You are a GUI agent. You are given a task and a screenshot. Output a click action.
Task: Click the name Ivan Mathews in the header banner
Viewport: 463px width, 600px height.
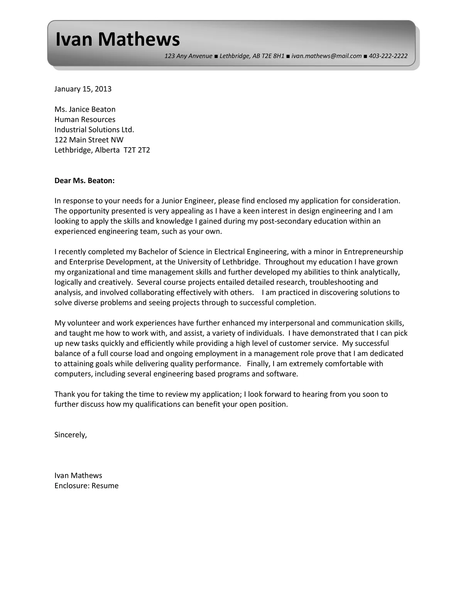tap(118, 39)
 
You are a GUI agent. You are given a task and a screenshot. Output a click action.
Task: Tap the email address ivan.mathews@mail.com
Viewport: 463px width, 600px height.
tap(326, 56)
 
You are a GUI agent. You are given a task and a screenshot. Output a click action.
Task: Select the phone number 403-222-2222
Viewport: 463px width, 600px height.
tap(388, 56)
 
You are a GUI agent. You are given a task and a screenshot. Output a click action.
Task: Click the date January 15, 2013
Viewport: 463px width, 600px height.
tap(83, 89)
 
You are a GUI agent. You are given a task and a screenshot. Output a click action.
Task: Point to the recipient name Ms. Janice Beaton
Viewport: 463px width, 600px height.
tap(85, 109)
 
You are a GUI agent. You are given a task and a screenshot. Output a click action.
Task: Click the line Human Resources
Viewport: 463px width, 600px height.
tap(85, 119)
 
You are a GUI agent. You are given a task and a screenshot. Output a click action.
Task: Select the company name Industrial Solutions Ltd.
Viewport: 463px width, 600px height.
tap(94, 129)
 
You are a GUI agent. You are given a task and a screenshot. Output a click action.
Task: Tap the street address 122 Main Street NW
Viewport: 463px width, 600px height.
tap(89, 140)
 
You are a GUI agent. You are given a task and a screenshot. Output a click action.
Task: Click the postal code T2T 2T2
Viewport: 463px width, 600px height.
tap(137, 150)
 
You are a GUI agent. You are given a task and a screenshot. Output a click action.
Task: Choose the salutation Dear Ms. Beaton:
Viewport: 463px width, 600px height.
tap(84, 180)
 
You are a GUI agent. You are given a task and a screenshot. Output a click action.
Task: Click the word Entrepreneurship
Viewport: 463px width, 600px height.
tap(373, 252)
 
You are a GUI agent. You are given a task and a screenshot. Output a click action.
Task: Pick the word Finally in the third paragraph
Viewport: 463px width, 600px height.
tap(258, 364)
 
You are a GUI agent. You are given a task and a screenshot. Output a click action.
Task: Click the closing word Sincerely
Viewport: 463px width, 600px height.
tap(71, 435)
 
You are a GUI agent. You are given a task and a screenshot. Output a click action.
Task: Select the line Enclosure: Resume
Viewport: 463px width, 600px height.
tap(86, 486)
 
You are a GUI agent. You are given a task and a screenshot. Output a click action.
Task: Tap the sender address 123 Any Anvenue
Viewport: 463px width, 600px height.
tap(188, 56)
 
